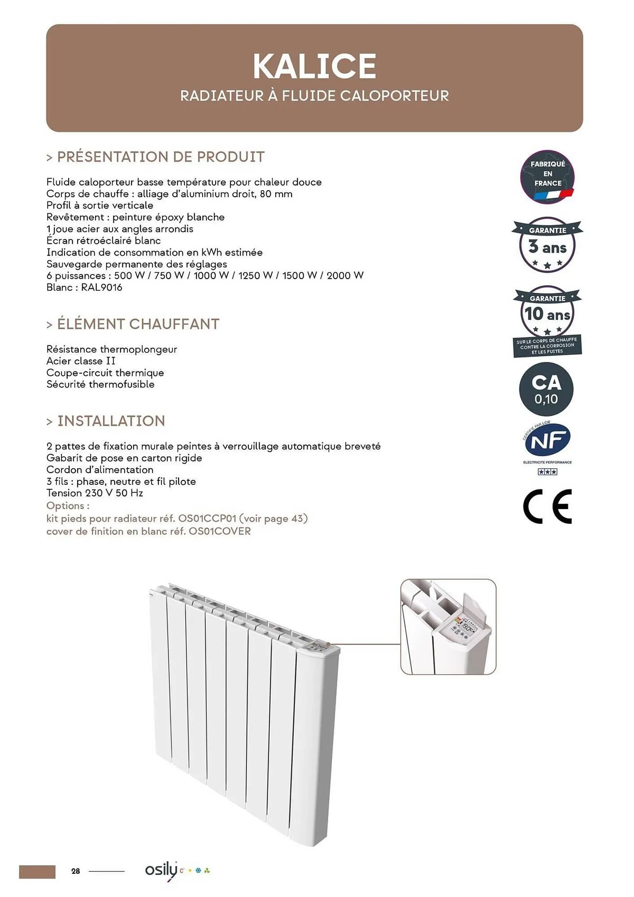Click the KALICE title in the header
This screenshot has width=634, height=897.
[314, 66]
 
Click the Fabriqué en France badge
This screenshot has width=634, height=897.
[547, 177]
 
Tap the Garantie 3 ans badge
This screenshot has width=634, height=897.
[547, 245]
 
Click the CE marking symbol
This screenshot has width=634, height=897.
[547, 506]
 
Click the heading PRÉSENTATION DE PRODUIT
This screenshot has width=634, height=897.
[161, 157]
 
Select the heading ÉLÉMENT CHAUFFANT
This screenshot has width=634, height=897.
[138, 324]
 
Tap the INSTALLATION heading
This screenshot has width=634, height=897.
[111, 421]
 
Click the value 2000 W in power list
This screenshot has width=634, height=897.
[345, 276]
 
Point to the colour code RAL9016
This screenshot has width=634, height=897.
[101, 287]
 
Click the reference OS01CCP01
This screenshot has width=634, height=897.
[207, 519]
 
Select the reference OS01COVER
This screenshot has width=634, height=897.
[220, 531]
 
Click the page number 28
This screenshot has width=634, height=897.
[75, 871]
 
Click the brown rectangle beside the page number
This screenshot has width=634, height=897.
[37, 872]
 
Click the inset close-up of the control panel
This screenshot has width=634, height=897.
[448, 627]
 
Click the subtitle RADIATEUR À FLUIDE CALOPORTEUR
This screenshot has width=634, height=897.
[314, 96]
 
